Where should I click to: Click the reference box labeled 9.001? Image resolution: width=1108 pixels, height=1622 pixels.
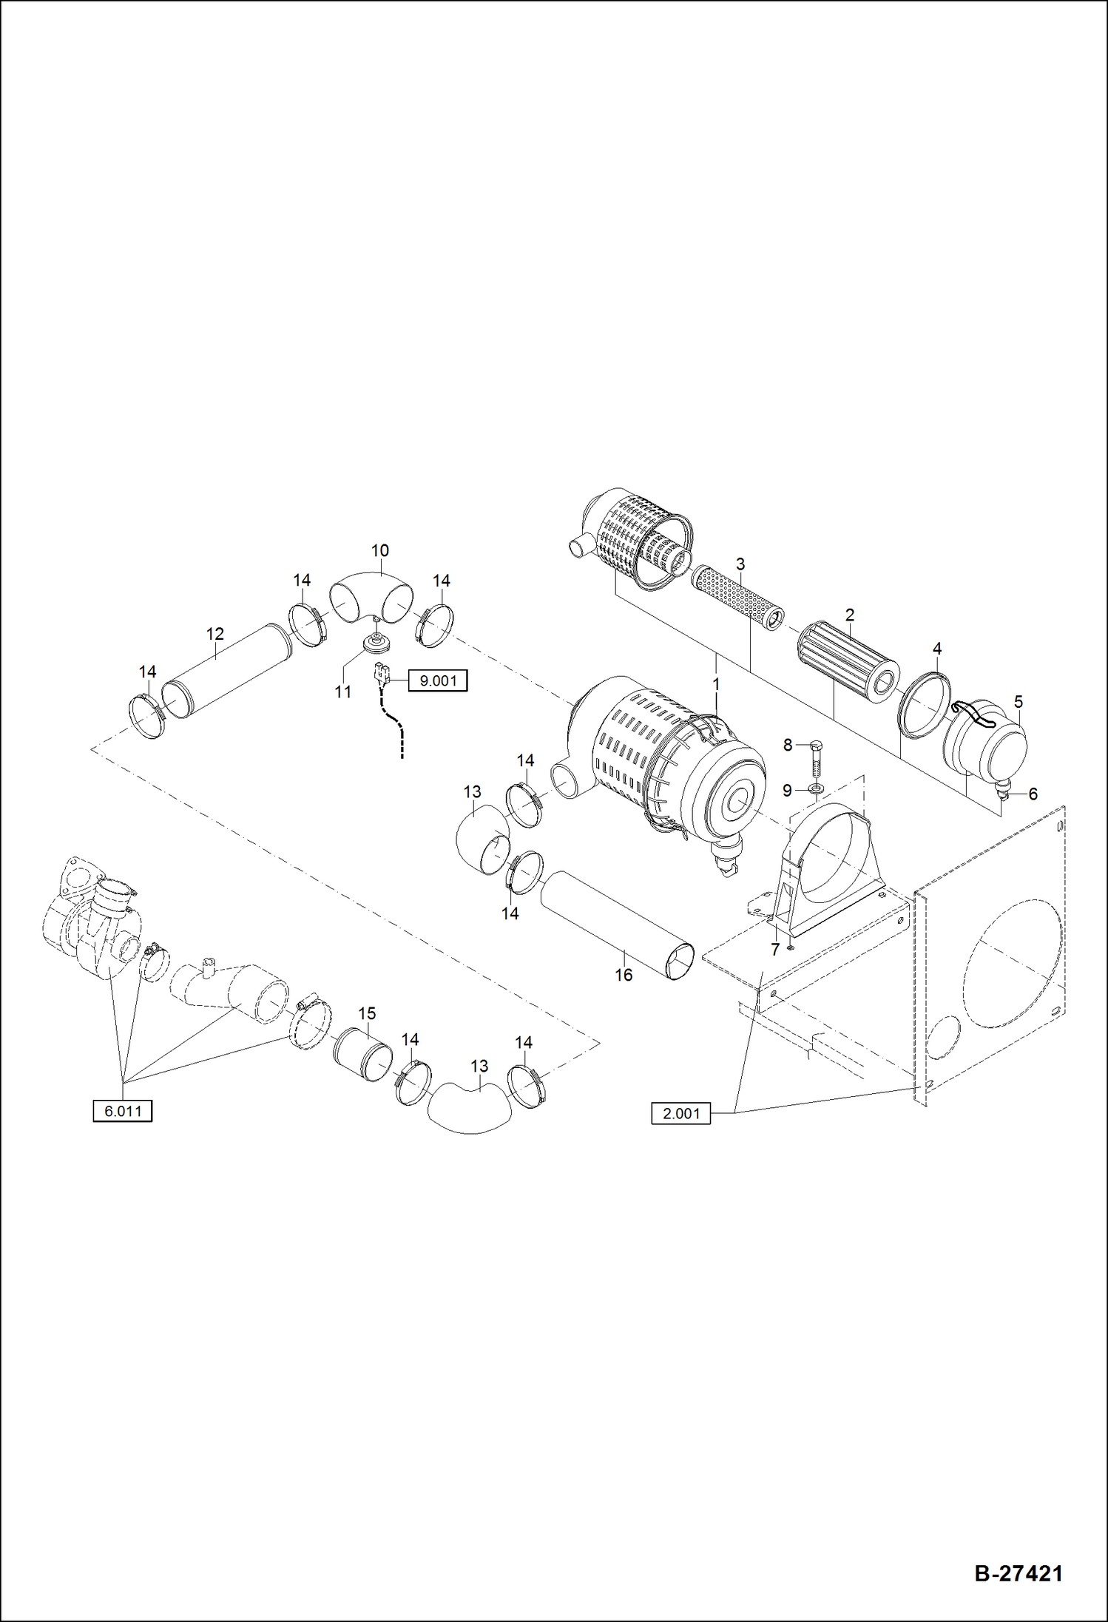pos(438,680)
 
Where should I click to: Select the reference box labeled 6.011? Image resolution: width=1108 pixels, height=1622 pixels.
pos(123,1111)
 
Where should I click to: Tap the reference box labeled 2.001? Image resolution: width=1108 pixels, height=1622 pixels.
pos(680,1113)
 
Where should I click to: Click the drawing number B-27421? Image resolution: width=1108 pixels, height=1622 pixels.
pos(1019,1573)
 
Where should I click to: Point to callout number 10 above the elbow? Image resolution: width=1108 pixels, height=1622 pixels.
pos(379,551)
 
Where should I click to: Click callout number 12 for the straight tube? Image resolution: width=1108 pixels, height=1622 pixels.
pos(214,634)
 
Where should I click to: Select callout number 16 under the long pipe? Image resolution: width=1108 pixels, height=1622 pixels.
pos(624,976)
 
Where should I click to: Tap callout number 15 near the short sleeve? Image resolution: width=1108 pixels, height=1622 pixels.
pos(367,1013)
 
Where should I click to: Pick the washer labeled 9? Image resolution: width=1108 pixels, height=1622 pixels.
pos(815,790)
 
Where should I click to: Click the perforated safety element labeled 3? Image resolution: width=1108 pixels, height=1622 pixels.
pos(737,598)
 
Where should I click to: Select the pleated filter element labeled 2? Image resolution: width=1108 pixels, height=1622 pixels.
pos(848,662)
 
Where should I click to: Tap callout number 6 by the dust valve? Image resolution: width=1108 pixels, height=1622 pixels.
pos(1033,794)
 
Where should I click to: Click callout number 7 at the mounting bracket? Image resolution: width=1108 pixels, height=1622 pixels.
pos(774,950)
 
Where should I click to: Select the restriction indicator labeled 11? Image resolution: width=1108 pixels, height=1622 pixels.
pos(377,644)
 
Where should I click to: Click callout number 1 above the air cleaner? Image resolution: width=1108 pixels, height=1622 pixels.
pos(715,685)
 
